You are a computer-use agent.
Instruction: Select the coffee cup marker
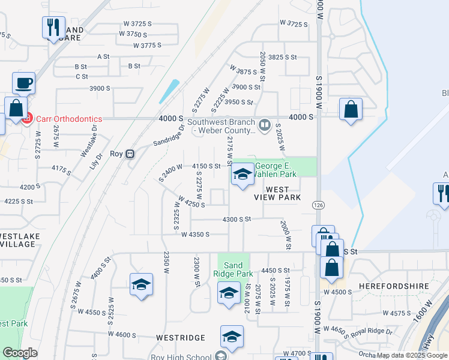23,83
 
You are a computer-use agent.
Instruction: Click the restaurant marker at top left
53,27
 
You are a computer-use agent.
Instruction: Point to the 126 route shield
316,205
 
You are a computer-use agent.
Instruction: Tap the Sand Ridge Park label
234,269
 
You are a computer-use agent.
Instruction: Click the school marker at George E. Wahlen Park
242,175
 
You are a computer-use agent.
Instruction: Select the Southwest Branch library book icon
264,124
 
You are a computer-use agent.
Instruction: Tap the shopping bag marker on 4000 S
351,109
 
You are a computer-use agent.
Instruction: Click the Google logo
20,353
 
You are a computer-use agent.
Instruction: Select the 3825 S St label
283,57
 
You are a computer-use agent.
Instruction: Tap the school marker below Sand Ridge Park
229,293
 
